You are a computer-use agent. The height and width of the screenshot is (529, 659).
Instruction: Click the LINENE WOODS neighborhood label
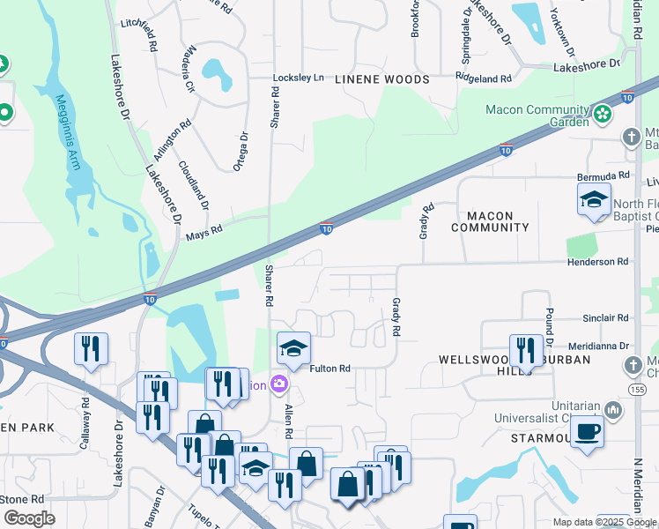pyautogui.click(x=382, y=79)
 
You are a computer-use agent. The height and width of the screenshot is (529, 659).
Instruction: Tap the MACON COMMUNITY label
pyautogui.click(x=490, y=221)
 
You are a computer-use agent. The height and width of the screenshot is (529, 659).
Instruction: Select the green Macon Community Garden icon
pyautogui.click(x=603, y=113)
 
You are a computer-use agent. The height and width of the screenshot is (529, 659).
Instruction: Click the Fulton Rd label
pyautogui.click(x=330, y=369)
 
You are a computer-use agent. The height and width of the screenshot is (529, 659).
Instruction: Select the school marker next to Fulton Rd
pyautogui.click(x=293, y=349)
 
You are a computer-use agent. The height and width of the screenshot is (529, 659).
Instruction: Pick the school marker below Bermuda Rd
pyautogui.click(x=594, y=200)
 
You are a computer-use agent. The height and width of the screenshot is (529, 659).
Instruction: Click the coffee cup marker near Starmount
pyautogui.click(x=587, y=433)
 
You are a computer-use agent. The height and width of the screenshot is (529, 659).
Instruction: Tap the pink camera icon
pyautogui.click(x=279, y=384)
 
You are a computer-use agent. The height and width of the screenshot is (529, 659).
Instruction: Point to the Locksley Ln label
pyautogui.click(x=298, y=78)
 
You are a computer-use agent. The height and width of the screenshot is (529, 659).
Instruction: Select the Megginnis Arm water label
pyautogui.click(x=70, y=132)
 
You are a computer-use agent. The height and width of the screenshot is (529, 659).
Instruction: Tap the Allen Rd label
pyautogui.click(x=288, y=422)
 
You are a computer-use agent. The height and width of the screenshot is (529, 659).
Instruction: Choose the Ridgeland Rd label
pyautogui.click(x=484, y=78)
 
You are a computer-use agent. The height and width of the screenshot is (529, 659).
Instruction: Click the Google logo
pyautogui.click(x=29, y=518)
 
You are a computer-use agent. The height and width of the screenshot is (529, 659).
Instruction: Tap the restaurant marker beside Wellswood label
pyautogui.click(x=526, y=350)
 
